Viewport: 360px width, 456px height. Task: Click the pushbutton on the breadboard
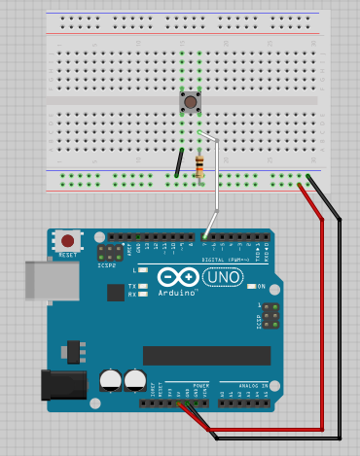pos(191,101)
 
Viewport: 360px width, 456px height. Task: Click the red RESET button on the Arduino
pos(67,240)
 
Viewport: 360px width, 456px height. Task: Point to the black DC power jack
pos(57,385)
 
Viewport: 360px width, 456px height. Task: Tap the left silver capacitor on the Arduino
pos(110,379)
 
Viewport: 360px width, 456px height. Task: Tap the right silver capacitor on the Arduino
pos(134,379)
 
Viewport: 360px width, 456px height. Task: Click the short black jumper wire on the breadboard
pos(179,162)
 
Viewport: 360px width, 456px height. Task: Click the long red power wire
pos(322,321)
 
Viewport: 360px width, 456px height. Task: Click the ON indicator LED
pos(250,286)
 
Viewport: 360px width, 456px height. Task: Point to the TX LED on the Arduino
pos(143,286)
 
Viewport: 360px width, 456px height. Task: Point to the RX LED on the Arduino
pos(143,294)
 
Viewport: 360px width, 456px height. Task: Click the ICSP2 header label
pos(107,264)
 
